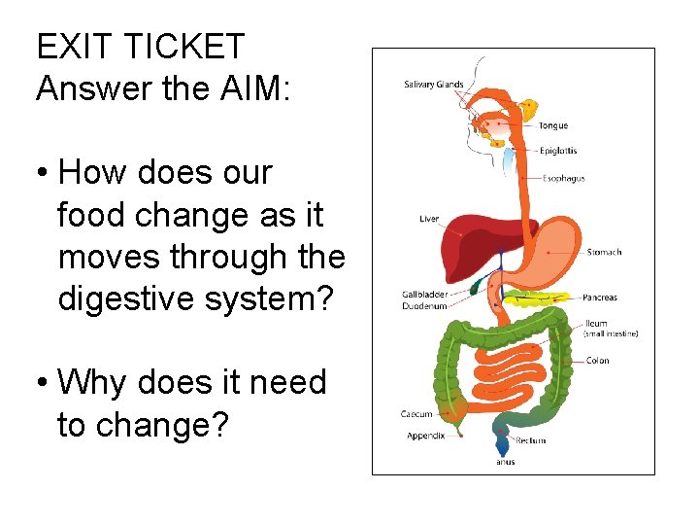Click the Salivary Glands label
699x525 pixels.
(x=434, y=85)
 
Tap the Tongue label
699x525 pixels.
(x=552, y=125)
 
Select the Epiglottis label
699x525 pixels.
(x=558, y=151)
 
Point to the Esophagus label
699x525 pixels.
(x=564, y=179)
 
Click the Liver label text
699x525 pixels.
(x=429, y=219)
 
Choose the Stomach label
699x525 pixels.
(x=604, y=253)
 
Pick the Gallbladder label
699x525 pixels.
(x=424, y=295)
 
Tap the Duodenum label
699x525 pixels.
(x=424, y=306)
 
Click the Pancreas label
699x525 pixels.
(x=599, y=297)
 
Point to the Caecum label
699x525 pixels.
(x=416, y=415)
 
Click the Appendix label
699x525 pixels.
(x=425, y=436)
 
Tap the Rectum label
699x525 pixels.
(x=530, y=440)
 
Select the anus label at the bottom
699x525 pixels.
(x=506, y=462)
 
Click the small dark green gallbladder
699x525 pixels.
(x=476, y=286)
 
